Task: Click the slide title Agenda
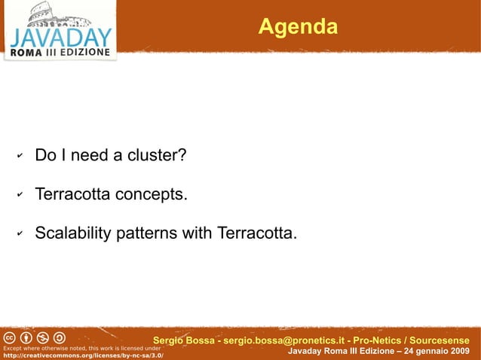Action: (x=297, y=27)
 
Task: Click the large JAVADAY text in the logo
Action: (x=60, y=38)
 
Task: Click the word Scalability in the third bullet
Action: (x=73, y=233)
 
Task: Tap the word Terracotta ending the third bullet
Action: (x=256, y=233)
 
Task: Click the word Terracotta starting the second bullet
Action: (x=74, y=195)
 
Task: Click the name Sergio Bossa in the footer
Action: (x=183, y=340)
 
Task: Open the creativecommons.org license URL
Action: (x=82, y=355)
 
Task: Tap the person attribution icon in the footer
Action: (x=26, y=337)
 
